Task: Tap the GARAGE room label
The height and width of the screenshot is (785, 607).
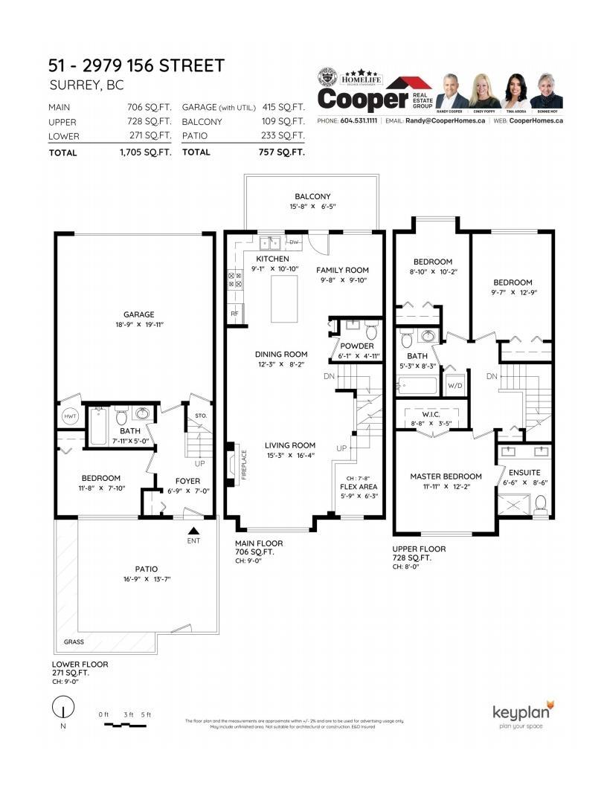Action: coord(139,314)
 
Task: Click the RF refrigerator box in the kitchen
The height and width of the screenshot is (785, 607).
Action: coord(235,314)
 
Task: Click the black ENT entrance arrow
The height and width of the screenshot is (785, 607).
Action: coord(193,530)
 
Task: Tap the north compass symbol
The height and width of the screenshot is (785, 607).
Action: coord(63,707)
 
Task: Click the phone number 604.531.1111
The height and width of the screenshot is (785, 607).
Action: coord(360,120)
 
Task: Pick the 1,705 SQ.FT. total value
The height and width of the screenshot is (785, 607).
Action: coord(146,152)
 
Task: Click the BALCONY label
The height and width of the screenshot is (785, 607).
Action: coord(312,197)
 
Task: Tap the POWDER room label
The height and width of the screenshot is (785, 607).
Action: coord(357,346)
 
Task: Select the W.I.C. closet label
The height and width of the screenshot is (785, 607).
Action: coord(434,414)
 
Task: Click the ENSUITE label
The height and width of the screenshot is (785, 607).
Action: coord(524,472)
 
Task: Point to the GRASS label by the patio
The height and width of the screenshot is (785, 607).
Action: coord(74,640)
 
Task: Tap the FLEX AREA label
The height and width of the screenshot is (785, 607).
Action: coord(358,488)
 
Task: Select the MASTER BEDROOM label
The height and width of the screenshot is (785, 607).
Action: coord(446,477)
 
